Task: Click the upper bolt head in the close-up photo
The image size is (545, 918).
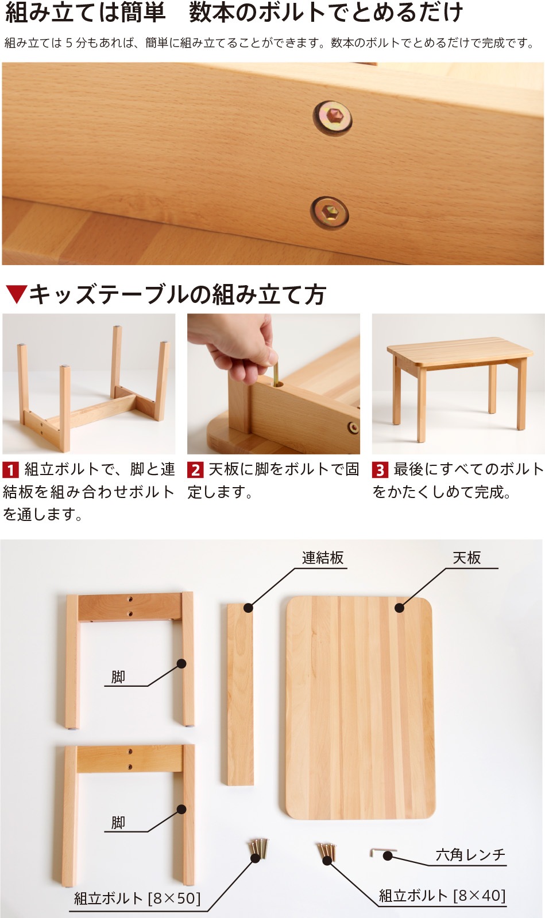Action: pyautogui.click(x=333, y=118)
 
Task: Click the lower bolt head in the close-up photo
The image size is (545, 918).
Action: pyautogui.click(x=329, y=213)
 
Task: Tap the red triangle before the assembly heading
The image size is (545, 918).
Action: pyautogui.click(x=17, y=294)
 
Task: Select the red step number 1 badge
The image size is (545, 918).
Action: pyautogui.click(x=11, y=470)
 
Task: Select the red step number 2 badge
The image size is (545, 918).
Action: pyautogui.click(x=195, y=470)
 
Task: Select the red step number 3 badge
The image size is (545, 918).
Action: pyautogui.click(x=380, y=470)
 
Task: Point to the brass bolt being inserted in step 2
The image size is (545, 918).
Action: pyautogui.click(x=276, y=372)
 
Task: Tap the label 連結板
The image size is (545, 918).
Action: pyautogui.click(x=323, y=558)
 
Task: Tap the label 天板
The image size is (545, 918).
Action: pyautogui.click(x=467, y=558)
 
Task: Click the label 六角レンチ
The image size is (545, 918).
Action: pyautogui.click(x=470, y=855)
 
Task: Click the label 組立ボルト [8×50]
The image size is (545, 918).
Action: pyautogui.click(x=137, y=898)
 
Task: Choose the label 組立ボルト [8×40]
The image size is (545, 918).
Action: pyautogui.click(x=442, y=896)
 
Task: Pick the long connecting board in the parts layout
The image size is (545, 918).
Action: pyautogui.click(x=240, y=694)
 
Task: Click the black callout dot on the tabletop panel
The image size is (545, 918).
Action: pyautogui.click(x=400, y=608)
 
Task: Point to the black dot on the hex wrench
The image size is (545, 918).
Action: pyautogui.click(x=388, y=855)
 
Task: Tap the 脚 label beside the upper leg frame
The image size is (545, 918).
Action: pyautogui.click(x=118, y=676)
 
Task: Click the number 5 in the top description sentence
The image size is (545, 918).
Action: pyautogui.click(x=69, y=42)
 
